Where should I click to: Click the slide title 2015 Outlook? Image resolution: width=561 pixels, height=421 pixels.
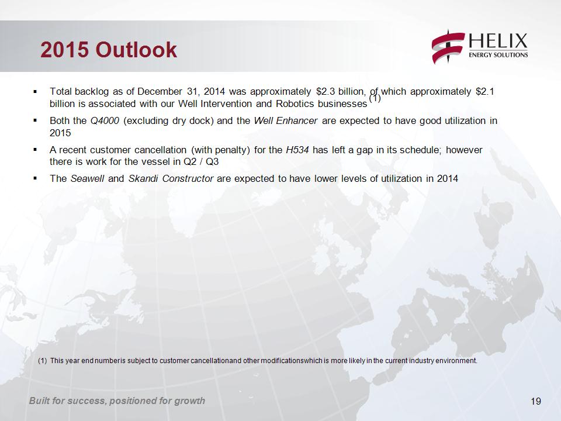[109, 49]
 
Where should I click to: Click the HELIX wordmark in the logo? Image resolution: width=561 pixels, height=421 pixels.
[498, 41]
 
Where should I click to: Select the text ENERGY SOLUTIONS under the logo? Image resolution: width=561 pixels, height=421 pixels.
[498, 55]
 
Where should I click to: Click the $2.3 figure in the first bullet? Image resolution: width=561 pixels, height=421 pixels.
[325, 92]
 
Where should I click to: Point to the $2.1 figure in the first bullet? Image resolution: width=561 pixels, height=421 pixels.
[485, 92]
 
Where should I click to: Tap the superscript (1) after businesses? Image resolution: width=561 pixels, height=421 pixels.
[375, 98]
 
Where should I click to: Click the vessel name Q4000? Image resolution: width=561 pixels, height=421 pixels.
[105, 121]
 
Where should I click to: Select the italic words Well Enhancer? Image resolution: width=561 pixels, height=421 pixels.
[286, 120]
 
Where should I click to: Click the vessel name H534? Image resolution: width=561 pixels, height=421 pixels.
[297, 150]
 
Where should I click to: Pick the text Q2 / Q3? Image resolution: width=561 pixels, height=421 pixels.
[200, 162]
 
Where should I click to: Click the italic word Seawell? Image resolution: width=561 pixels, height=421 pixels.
[87, 178]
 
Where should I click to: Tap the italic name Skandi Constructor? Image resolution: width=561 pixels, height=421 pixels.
[171, 178]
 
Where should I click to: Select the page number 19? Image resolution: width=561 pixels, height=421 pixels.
[536, 401]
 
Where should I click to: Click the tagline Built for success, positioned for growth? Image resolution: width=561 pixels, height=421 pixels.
[117, 401]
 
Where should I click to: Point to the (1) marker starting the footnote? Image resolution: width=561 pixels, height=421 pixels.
[42, 361]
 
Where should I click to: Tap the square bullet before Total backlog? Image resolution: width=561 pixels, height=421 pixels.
[35, 92]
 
